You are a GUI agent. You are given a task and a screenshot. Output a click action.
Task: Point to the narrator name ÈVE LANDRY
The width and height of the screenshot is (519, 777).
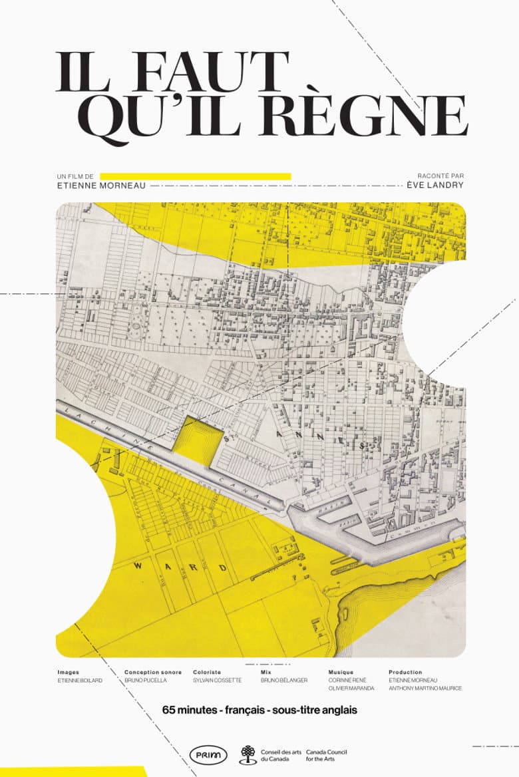pos(435,186)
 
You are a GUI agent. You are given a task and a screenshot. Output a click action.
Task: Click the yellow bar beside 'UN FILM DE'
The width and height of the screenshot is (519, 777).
pos(195,176)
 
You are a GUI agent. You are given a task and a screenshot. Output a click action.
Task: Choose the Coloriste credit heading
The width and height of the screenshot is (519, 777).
pos(207,672)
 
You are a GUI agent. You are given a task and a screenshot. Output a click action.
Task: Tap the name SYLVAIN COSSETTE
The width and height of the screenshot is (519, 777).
pos(218,681)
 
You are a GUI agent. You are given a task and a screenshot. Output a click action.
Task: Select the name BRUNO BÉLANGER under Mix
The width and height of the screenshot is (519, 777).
pos(284,681)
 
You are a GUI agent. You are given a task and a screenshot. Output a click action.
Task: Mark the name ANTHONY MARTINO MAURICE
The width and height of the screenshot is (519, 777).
pos(425,689)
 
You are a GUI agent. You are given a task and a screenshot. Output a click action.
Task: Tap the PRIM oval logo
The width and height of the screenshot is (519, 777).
pos(208,754)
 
